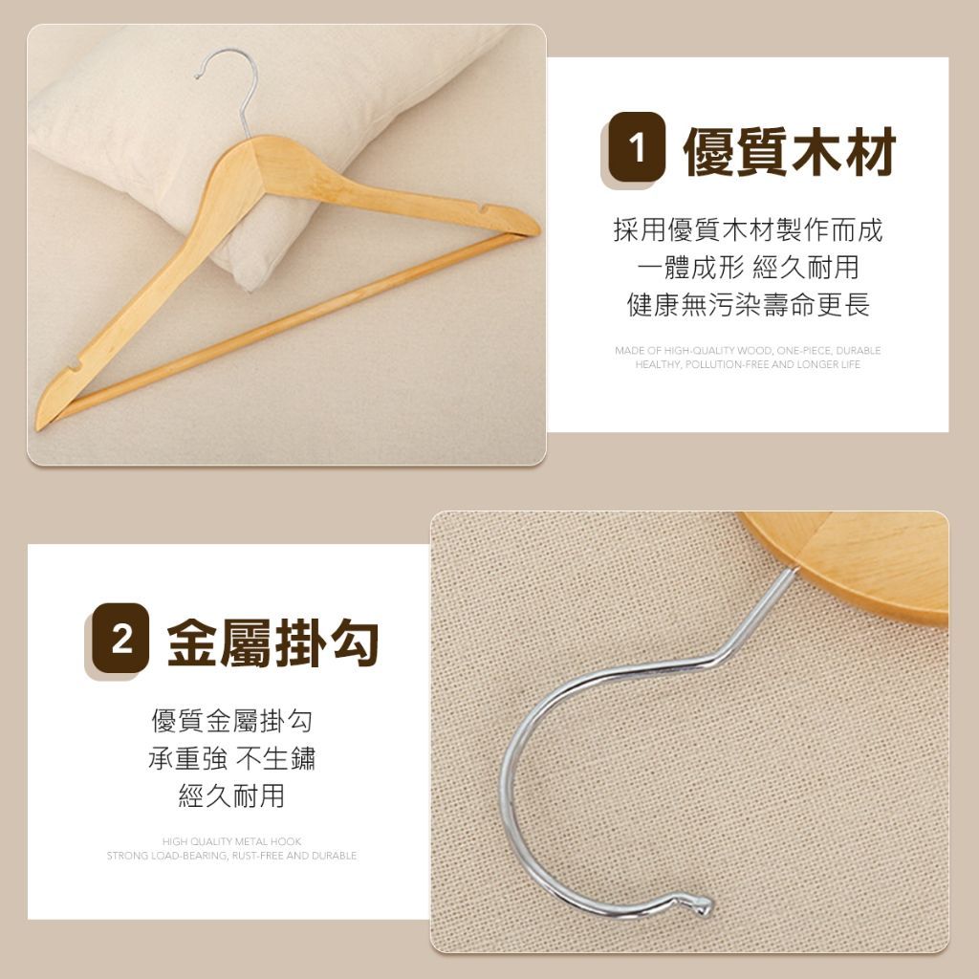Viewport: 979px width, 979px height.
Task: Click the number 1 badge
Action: pos(636,147)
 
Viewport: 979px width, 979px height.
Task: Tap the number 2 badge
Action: pos(121,639)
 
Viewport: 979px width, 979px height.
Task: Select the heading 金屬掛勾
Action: pos(272,642)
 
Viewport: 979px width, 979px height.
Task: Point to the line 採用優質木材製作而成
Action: pos(748,230)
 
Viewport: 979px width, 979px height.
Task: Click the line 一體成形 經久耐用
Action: pos(748,268)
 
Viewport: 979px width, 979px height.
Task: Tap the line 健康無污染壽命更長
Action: pos(748,305)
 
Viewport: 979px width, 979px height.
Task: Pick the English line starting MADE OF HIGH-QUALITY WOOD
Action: pos(748,350)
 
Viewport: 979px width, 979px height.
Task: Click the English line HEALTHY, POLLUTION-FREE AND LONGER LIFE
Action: pos(748,364)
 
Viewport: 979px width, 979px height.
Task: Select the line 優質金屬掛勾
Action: pos(231,721)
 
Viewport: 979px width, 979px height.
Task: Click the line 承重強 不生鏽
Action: pos(231,758)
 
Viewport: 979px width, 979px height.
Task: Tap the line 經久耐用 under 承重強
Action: pos(231,795)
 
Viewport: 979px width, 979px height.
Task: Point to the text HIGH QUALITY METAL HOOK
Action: pos(231,841)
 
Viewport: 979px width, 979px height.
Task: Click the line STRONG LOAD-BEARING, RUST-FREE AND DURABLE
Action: pos(231,856)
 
